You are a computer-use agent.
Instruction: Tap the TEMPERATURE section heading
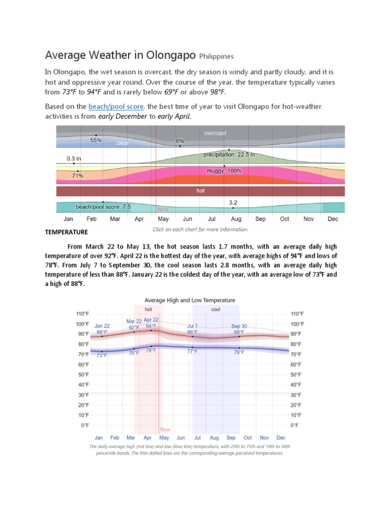66,232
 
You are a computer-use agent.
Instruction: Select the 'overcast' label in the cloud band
215,133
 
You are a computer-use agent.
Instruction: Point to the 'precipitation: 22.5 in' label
229,155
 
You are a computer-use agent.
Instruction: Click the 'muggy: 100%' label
224,171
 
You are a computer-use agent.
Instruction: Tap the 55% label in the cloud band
96,140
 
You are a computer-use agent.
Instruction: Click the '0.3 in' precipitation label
73,158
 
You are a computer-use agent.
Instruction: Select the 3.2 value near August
233,203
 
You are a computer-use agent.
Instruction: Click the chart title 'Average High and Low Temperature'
189,300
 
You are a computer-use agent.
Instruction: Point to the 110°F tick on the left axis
83,314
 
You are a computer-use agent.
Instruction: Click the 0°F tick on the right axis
294,425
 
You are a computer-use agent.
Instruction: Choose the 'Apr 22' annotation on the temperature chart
151,319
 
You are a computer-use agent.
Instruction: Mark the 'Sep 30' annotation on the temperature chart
239,326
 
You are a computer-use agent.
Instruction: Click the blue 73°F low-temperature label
102,355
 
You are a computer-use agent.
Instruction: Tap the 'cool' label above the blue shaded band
215,309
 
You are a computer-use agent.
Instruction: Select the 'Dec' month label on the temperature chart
281,437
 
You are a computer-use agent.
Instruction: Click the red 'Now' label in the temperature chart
165,429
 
